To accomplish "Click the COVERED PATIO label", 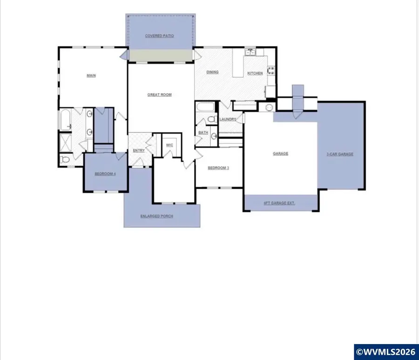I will coord(160,36).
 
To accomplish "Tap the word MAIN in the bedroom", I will coord(91,75).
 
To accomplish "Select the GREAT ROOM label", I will coord(160,95).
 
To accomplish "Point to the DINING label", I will coord(212,72).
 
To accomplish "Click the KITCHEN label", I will coord(255,73).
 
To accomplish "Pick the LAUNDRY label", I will coord(228,120).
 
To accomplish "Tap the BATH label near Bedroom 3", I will coord(203,133).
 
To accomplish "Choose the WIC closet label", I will coord(170,145).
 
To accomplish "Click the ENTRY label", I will coord(139,150).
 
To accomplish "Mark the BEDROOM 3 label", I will coord(218,168).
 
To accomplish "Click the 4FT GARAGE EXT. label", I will coord(279,203).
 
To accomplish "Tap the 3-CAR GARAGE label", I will coord(339,154).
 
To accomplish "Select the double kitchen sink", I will coord(251,52).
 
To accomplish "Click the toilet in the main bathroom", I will coord(65,160).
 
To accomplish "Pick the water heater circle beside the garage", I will coord(269,108).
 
